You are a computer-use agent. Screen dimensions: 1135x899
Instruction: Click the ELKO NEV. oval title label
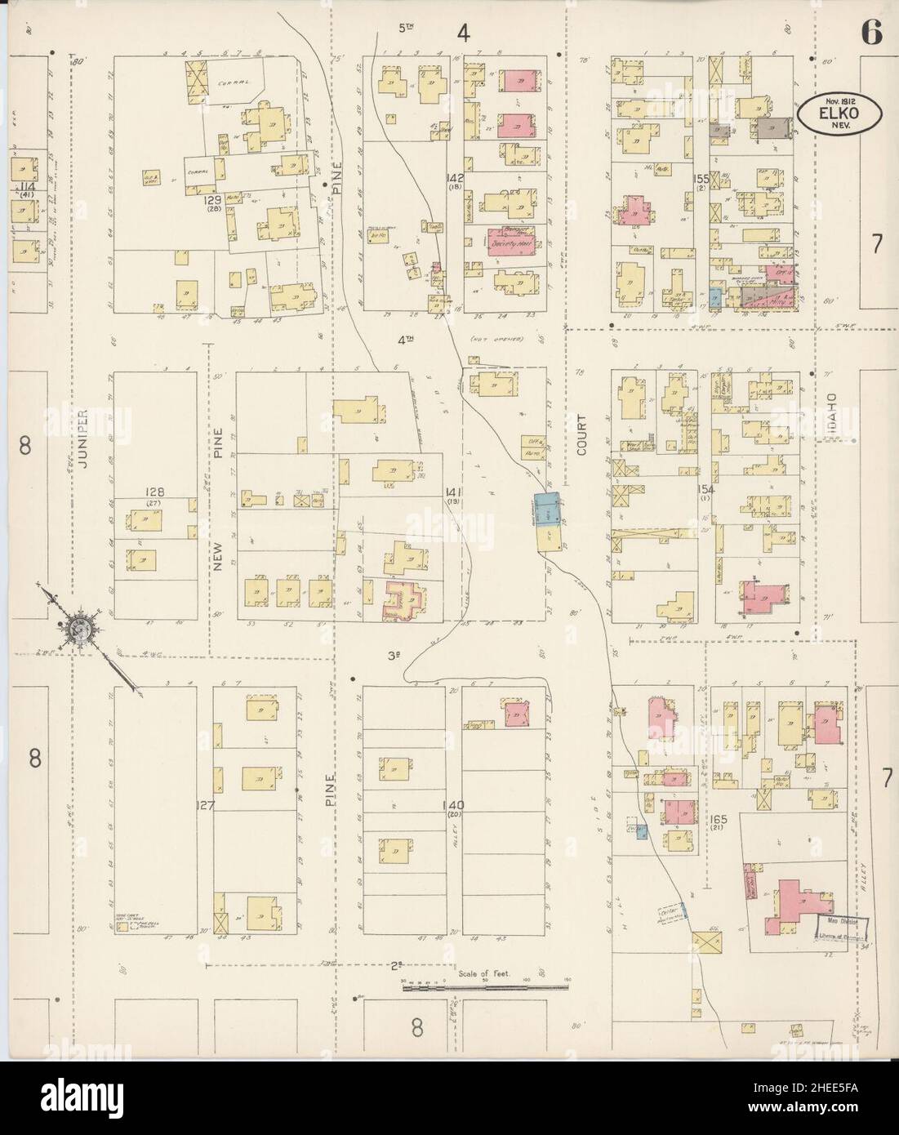pos(840,115)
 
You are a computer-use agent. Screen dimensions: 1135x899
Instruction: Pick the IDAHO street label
pos(831,413)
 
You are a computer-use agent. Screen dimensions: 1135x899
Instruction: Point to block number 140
pos(453,805)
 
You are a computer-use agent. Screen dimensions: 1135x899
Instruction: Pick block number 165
pos(718,818)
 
